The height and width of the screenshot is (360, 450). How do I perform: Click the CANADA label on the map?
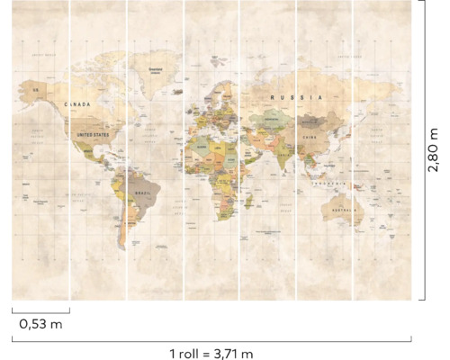pyautogui.click(x=77, y=104)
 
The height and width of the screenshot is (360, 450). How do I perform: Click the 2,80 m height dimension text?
pyautogui.click(x=434, y=151)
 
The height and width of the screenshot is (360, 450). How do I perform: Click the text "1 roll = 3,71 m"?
pyautogui.click(x=211, y=352)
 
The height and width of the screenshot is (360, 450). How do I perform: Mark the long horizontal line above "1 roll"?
pyautogui.click(x=212, y=339)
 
